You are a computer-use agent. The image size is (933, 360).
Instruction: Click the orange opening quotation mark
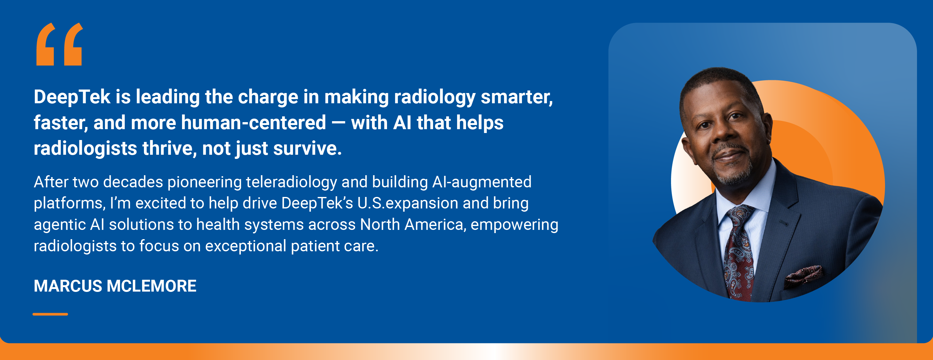(60, 44)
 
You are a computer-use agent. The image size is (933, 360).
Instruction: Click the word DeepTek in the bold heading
(72, 97)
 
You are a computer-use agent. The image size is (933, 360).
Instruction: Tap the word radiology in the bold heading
(434, 97)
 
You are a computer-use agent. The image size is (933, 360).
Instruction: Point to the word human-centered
(253, 123)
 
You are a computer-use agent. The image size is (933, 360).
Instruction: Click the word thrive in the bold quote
(169, 148)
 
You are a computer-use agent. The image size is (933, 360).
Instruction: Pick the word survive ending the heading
(307, 148)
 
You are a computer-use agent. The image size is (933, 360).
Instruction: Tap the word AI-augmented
(482, 182)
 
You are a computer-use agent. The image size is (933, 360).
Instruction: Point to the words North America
(412, 225)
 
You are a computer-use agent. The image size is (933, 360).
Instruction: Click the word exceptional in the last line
(246, 246)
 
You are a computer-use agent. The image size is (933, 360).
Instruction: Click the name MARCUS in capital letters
(68, 286)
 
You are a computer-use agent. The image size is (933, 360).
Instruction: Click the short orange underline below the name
(50, 314)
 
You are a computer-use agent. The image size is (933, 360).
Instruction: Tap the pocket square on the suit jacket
(804, 273)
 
